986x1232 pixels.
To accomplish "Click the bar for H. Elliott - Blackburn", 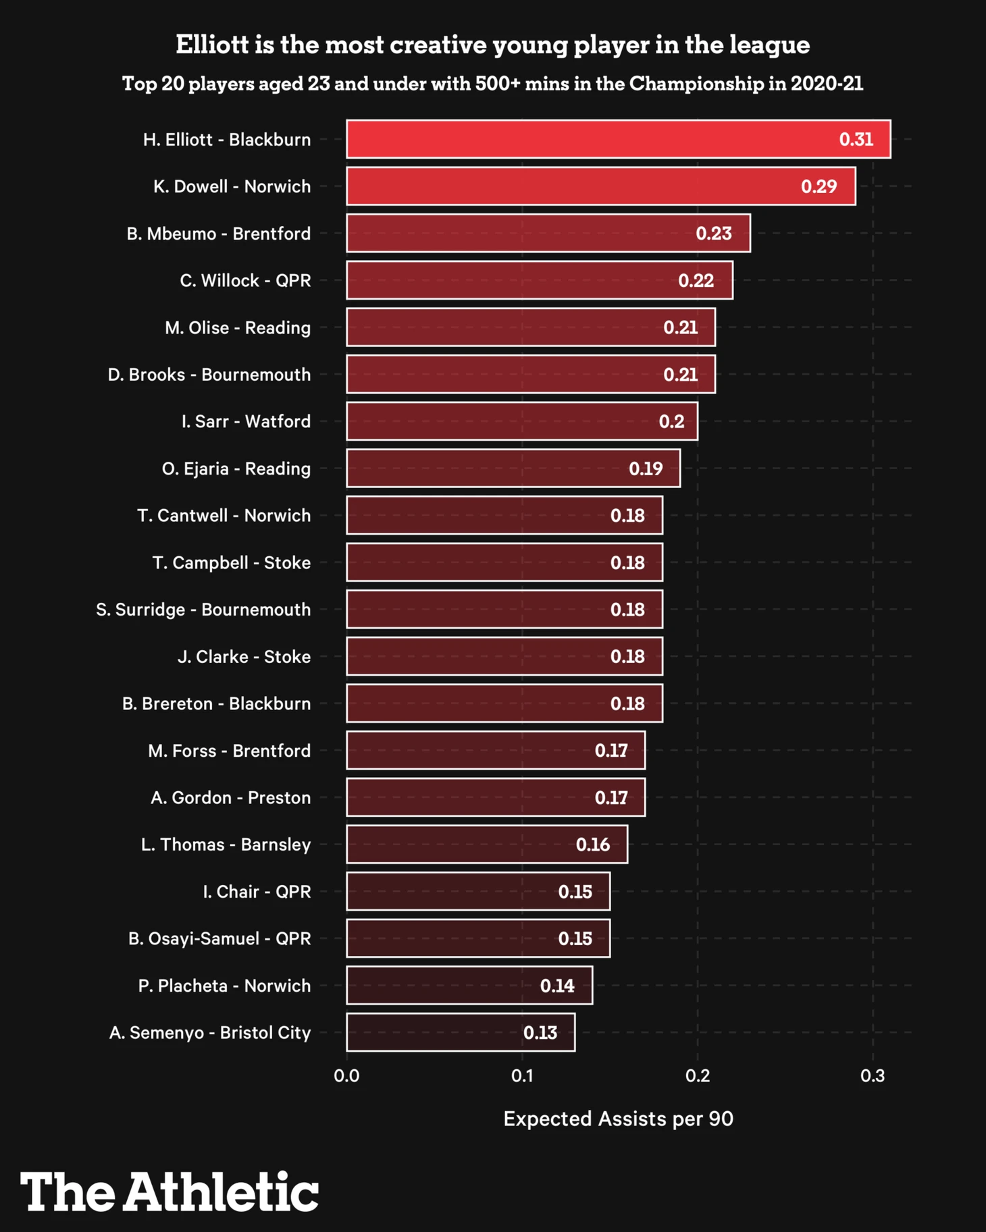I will pos(618,139).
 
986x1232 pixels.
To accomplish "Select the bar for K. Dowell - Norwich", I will pos(600,186).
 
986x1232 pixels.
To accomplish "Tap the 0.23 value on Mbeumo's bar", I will pos(714,234).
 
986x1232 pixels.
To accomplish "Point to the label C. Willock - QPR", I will pos(245,281).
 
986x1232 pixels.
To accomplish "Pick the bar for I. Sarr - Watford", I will pos(521,421).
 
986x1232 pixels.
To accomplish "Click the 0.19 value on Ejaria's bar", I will pos(646,468).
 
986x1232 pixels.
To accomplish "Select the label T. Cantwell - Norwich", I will pos(224,516).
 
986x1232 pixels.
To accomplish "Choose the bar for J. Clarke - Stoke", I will pos(504,656).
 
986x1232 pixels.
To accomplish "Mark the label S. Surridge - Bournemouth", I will pos(203,610).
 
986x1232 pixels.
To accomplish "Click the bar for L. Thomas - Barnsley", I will pos(486,845).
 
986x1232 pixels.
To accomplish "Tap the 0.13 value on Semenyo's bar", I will pos(540,1033).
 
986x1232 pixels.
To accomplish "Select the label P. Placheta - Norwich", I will pos(224,986).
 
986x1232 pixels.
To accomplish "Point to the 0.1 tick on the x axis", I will pos(522,1075).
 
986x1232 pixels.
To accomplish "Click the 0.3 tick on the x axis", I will pos(873,1075).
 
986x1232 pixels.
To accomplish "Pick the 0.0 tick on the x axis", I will pos(346,1075).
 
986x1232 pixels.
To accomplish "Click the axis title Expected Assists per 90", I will pos(618,1119).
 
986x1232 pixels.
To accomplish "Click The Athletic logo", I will pos(169,1191).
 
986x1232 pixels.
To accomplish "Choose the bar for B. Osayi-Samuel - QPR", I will pos(477,938).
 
